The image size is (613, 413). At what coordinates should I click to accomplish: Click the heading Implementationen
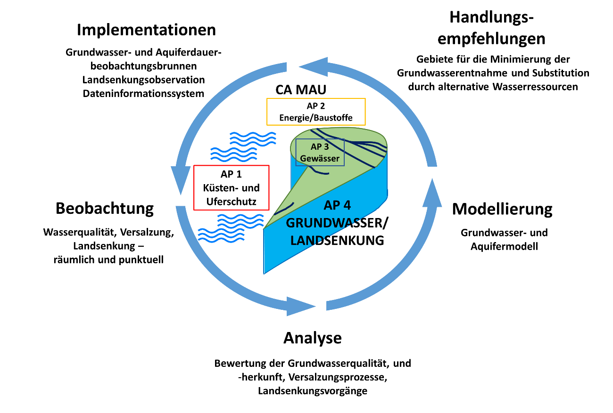[146, 30]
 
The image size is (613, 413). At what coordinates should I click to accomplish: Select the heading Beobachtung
[105, 209]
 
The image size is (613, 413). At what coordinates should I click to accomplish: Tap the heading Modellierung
[502, 210]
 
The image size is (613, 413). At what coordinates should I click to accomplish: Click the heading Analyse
[313, 339]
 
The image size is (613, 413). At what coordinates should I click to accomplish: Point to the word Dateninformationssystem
[143, 94]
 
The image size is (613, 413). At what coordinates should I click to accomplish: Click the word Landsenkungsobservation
[143, 80]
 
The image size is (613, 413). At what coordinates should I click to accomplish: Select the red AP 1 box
[231, 188]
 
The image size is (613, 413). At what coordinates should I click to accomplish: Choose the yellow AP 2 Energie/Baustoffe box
[316, 112]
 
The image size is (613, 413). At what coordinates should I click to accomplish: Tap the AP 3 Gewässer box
[320, 152]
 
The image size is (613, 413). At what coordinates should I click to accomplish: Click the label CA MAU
[301, 89]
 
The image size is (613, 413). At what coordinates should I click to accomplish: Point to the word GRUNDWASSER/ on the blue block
[337, 223]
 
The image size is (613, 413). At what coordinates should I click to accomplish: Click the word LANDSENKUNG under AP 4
[337, 241]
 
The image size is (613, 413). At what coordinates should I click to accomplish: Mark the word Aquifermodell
[504, 246]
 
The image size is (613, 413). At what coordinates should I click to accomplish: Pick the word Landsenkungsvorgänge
[313, 391]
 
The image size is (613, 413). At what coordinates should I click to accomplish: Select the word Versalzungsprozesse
[338, 377]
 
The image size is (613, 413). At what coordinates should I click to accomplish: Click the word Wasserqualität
[81, 232]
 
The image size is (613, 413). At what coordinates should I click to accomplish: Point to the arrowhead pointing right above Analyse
[301, 307]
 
